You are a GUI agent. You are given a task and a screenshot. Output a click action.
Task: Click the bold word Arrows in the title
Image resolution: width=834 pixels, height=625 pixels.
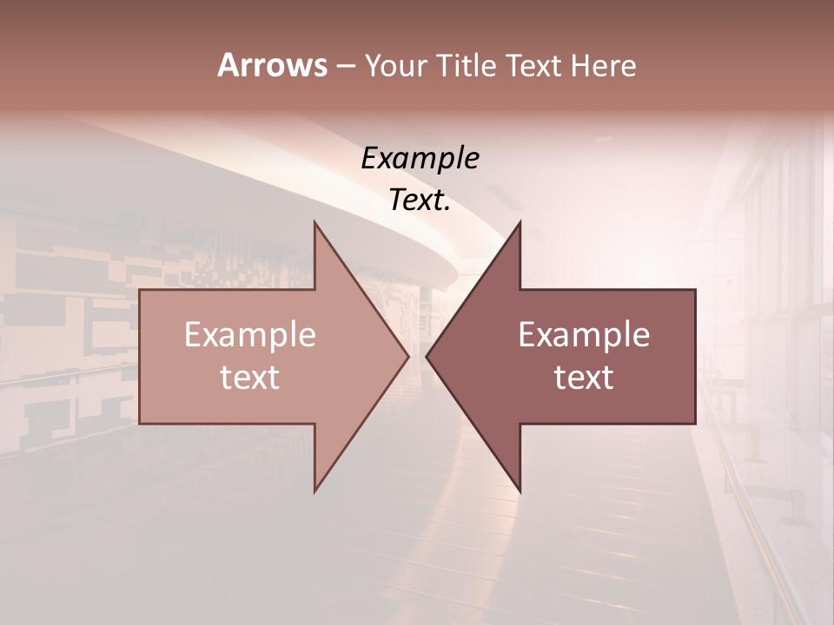(x=272, y=65)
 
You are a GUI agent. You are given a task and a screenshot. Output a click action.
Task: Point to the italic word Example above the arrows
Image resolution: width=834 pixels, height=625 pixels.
(x=420, y=158)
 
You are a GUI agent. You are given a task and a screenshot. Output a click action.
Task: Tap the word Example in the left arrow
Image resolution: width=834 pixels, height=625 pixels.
(x=250, y=334)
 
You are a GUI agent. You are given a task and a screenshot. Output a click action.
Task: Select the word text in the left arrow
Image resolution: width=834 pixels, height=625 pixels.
(x=250, y=377)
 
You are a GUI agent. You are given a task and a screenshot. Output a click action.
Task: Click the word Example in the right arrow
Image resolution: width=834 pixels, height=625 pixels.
(x=584, y=334)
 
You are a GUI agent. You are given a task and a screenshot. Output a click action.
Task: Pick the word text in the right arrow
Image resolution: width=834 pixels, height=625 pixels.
(x=584, y=377)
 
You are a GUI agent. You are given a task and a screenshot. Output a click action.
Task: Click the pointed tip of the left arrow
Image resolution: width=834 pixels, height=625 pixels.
(x=408, y=356)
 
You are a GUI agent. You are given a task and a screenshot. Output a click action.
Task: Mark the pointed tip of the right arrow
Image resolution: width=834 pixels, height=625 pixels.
(x=427, y=356)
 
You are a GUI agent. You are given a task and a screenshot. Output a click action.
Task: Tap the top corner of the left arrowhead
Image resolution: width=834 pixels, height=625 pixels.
(x=314, y=222)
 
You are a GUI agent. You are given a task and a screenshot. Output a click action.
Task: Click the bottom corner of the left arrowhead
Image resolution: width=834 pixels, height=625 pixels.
(x=314, y=491)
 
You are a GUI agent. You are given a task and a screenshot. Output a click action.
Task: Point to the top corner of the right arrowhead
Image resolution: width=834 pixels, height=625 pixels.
(x=520, y=222)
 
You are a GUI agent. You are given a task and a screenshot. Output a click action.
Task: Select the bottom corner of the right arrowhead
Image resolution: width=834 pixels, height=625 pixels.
(x=520, y=491)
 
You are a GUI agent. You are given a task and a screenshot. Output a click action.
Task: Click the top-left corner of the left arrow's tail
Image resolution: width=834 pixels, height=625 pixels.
(x=140, y=290)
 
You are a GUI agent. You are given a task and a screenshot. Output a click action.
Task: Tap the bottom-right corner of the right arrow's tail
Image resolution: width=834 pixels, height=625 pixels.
(x=695, y=423)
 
